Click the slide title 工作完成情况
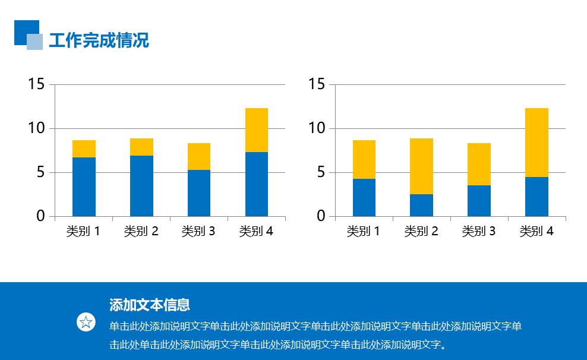99,40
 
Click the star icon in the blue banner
86,323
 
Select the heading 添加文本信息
150,305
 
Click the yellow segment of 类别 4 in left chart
256,130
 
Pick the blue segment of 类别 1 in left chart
84,187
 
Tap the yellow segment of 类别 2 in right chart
421,166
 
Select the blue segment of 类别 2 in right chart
421,205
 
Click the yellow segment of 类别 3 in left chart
198,156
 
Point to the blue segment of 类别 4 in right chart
536,196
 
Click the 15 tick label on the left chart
36,84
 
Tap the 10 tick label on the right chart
317,128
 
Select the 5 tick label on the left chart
40,172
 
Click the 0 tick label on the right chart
321,216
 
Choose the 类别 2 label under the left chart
141,231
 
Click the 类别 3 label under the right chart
479,231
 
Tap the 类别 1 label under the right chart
364,231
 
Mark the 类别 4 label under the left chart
256,231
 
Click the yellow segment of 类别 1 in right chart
364,159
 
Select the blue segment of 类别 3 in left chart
198,193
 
